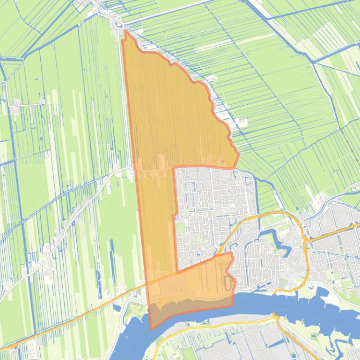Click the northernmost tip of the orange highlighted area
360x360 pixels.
(x=125, y=30)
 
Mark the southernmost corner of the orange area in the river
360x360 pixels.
(x=151, y=329)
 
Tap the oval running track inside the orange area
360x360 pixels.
(x=228, y=283)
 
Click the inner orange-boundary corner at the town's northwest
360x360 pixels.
(x=174, y=167)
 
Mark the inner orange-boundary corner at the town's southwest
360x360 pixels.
(x=177, y=272)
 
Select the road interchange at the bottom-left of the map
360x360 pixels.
(x=14, y=346)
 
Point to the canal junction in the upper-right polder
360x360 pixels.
(x=314, y=61)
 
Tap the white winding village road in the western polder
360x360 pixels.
(x=70, y=224)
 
